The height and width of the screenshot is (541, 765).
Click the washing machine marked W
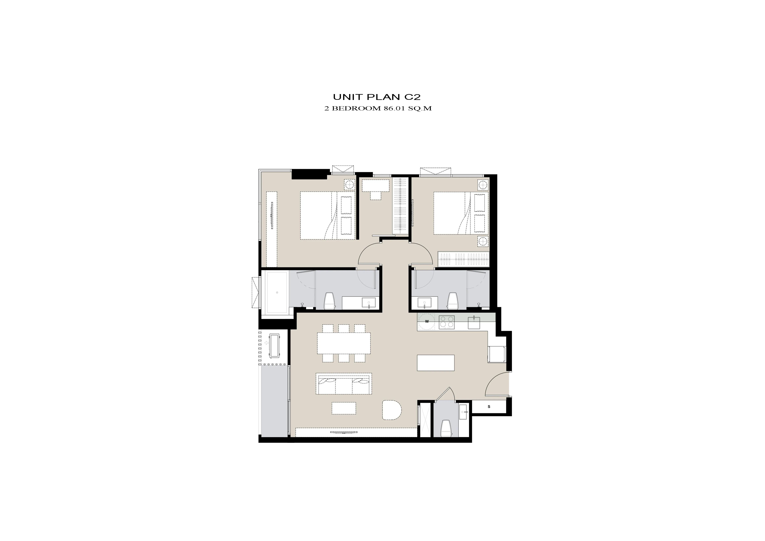[427, 321]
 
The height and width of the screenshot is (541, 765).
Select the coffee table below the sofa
[344, 408]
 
